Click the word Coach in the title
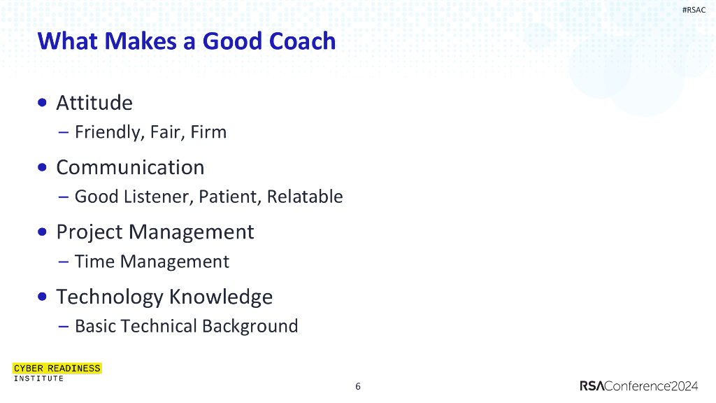click(303, 41)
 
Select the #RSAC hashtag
click(694, 10)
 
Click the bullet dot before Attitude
click(43, 103)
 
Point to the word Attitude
click(94, 103)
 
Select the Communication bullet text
click(130, 167)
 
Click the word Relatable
click(305, 197)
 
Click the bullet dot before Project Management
click(43, 232)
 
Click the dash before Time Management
click(64, 262)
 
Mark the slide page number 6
click(358, 387)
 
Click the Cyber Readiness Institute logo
click(57, 372)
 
